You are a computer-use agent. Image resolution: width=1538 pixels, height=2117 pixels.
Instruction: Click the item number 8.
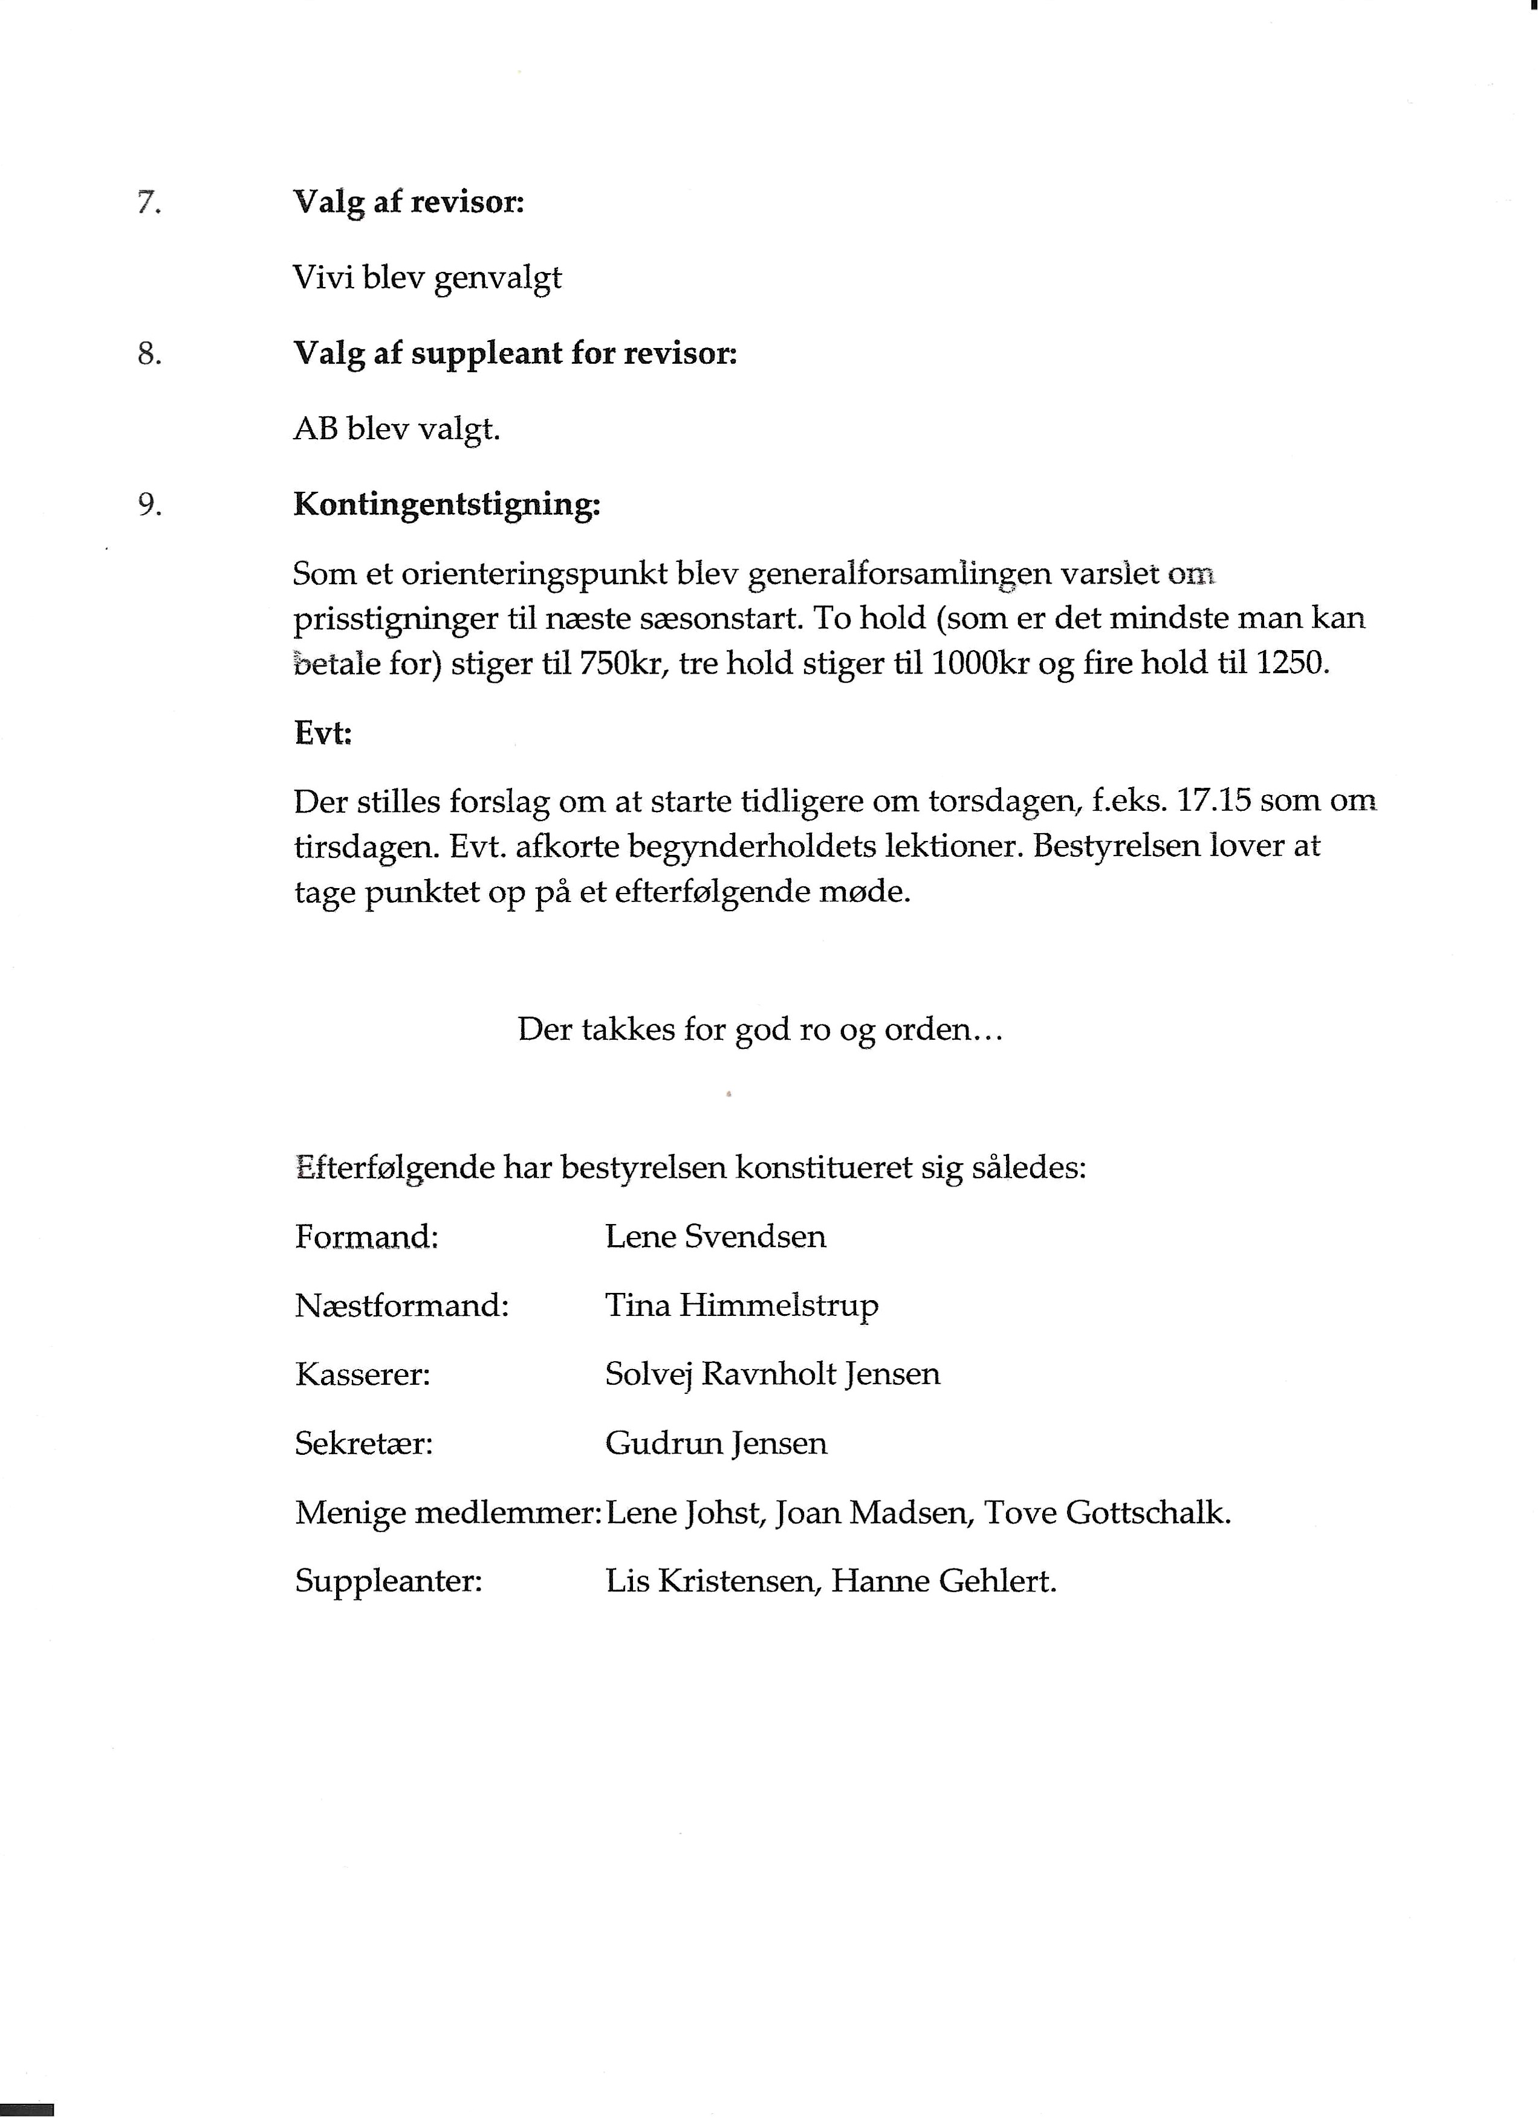pyautogui.click(x=149, y=354)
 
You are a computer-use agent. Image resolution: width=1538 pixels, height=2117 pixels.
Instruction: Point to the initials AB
pyautogui.click(x=316, y=430)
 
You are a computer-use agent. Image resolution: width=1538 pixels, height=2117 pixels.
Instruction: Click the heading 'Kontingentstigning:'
pyautogui.click(x=446, y=505)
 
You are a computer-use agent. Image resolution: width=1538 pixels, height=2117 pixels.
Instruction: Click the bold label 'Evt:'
pyautogui.click(x=323, y=733)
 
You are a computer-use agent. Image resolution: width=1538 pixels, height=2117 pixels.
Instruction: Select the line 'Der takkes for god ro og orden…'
pyautogui.click(x=760, y=1029)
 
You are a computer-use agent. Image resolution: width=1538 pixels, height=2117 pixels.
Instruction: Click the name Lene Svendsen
pyautogui.click(x=715, y=1237)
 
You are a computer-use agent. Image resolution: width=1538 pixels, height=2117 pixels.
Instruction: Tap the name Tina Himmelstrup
pyautogui.click(x=741, y=1305)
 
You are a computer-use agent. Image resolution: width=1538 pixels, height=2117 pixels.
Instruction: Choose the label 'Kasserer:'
pyautogui.click(x=362, y=1374)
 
